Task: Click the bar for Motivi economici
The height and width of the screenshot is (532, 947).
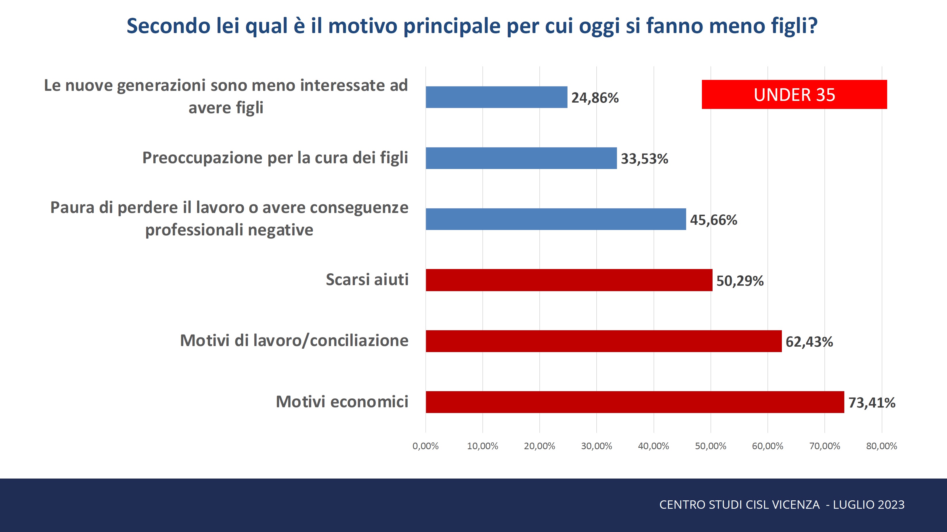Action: (635, 402)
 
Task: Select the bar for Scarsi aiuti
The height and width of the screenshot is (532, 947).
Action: (569, 280)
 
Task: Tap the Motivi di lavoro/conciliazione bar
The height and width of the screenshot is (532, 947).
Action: (603, 341)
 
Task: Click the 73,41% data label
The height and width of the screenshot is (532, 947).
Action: (872, 403)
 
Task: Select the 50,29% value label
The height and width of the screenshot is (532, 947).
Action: (740, 281)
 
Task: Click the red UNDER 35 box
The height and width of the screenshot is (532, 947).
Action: (794, 95)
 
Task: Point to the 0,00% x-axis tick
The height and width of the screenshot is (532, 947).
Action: (425, 446)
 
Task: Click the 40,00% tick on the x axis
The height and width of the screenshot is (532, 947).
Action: (653, 446)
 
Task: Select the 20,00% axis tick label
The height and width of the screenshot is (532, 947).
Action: (539, 446)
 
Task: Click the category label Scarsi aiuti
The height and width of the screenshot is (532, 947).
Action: (367, 280)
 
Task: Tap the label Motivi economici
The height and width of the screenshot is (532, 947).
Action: (342, 402)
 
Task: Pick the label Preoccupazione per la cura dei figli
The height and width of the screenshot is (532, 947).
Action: (275, 158)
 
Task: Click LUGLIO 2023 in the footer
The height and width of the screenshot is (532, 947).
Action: (868, 504)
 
